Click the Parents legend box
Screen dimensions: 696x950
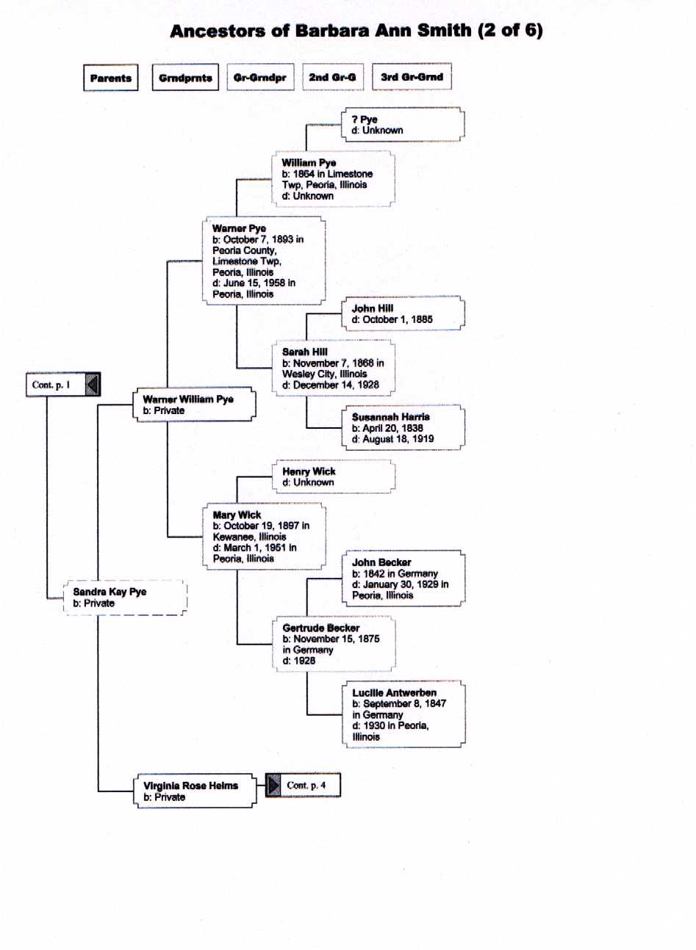click(x=111, y=78)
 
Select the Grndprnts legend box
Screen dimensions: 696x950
click(x=185, y=77)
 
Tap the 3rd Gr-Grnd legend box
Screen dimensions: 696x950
click(x=412, y=77)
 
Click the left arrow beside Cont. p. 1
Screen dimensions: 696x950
click(x=93, y=385)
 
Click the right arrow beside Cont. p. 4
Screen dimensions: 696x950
click(x=273, y=786)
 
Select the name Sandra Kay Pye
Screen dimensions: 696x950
click(x=110, y=592)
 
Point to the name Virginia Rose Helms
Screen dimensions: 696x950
click(x=190, y=786)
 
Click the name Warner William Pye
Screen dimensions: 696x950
click(x=188, y=399)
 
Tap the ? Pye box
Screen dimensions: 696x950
click(x=403, y=124)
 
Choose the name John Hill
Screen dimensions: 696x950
click(x=373, y=308)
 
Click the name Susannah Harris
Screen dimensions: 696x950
click(x=391, y=417)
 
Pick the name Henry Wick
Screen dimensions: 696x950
click(x=309, y=471)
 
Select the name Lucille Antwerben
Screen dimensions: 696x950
click(x=394, y=692)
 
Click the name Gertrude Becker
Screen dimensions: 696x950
click(x=321, y=628)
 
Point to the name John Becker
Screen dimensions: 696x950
click(x=381, y=562)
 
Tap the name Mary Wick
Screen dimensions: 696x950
click(x=237, y=515)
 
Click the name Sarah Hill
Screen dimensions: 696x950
click(x=305, y=352)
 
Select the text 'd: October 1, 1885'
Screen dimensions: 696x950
click(x=392, y=319)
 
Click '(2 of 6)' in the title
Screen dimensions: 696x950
click(x=510, y=31)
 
